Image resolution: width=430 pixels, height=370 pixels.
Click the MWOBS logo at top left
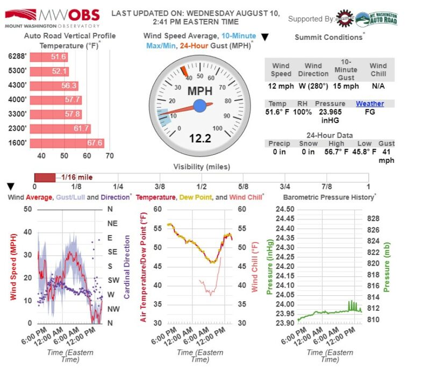tap(52, 18)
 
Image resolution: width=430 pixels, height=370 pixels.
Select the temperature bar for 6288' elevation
tap(48, 57)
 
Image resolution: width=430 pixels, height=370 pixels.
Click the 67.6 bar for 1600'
tap(66, 143)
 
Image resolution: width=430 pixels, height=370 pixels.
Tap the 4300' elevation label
tap(17, 86)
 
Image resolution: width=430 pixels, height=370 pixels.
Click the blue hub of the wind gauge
tap(199, 105)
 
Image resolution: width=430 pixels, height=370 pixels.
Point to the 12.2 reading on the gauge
tap(199, 139)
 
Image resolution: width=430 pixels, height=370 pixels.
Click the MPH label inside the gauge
tap(199, 91)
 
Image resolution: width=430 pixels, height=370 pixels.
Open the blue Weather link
tap(370, 104)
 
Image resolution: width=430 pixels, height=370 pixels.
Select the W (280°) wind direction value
tap(313, 86)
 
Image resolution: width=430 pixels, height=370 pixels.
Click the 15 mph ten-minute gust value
tap(346, 86)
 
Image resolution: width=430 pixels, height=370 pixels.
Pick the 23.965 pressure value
tap(330, 112)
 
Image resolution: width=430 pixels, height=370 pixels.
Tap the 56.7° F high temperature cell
tap(336, 152)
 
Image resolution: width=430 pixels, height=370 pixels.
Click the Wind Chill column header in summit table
tap(378, 70)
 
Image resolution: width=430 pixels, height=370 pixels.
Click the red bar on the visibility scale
tap(45, 177)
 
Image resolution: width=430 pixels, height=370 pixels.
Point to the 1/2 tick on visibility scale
tap(202, 187)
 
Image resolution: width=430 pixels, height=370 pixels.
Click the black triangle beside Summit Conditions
tap(264, 37)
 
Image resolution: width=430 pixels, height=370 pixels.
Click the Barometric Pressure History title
tap(329, 197)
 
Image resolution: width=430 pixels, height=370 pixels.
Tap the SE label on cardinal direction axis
tap(112, 251)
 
